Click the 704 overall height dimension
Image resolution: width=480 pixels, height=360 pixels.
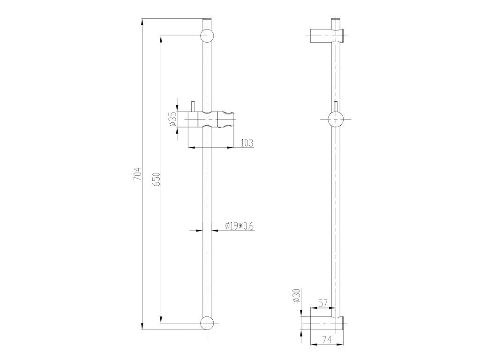138,173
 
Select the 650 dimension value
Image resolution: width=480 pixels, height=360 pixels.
157,180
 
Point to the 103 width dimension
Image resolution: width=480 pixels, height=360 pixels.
247,142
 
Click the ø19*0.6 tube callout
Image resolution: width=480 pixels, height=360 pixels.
240,226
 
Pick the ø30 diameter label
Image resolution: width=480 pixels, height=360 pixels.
297,295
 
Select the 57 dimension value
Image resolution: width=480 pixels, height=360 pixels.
322,304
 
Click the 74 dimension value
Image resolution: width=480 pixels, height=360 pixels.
327,339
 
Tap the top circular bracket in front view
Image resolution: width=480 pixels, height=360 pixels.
207,36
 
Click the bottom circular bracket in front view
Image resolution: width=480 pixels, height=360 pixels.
207,323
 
